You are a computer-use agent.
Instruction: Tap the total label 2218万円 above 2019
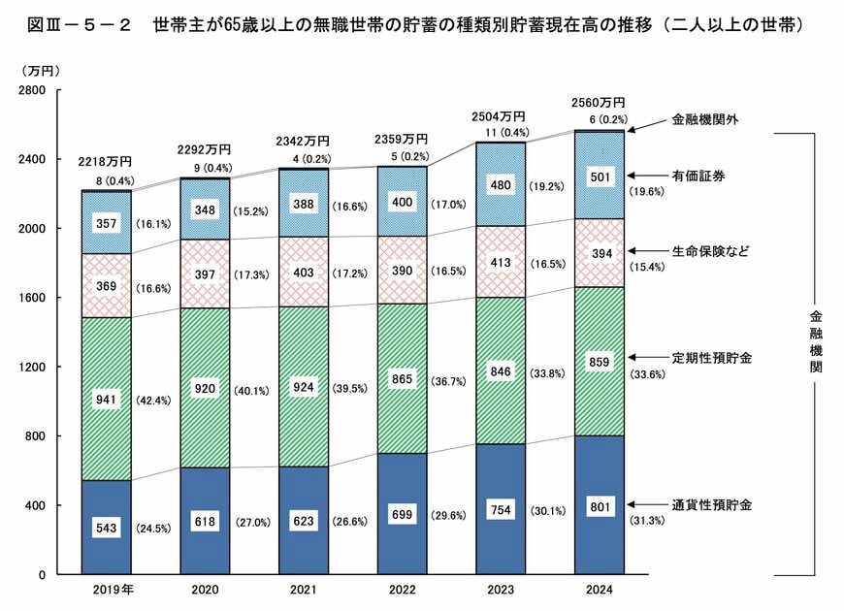[106, 161]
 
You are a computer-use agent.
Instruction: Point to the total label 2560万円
[599, 102]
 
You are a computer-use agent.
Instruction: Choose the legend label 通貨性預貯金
[711, 505]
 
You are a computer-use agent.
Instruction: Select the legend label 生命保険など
[711, 251]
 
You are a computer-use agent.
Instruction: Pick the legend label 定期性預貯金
[711, 358]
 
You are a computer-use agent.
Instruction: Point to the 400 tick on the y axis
[37, 506]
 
